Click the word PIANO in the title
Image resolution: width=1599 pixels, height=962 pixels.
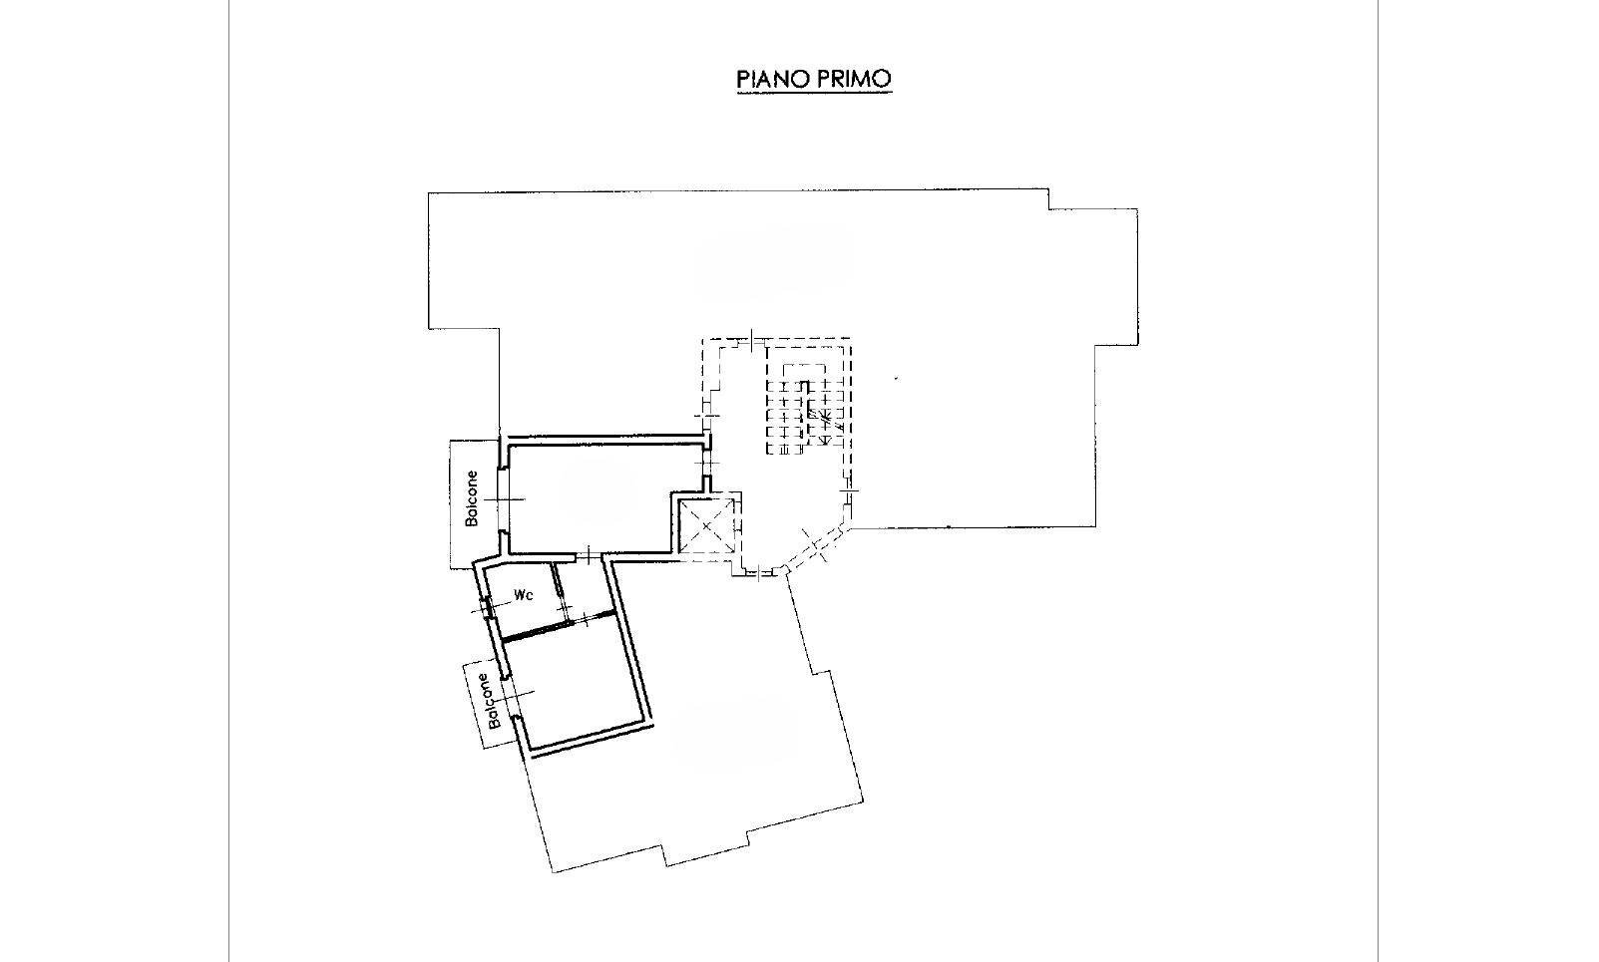pos(773,79)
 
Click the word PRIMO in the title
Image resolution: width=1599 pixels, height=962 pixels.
pos(854,79)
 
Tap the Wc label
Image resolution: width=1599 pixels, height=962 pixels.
pos(524,595)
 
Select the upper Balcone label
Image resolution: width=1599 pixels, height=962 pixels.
pos(471,498)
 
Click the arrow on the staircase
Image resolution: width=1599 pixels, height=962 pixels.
pos(825,420)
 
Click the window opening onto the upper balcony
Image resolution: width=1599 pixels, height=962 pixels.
pos(502,499)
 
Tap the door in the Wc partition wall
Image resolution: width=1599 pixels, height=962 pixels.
pos(564,591)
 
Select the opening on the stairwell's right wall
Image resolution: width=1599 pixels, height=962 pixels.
pos(849,493)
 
